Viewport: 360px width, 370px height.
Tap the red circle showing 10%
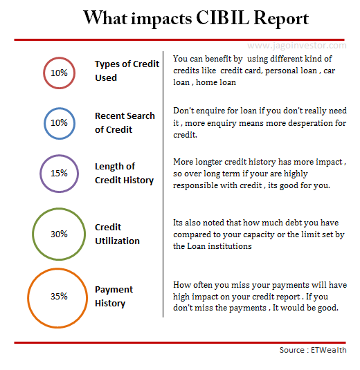pos(59,72)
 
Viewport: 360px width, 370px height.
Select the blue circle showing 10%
pos(59,123)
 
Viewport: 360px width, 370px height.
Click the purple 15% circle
pos(59,173)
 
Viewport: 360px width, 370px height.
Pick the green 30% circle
pos(59,234)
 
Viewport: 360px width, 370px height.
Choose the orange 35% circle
pos(59,296)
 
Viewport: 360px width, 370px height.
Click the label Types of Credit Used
pos(127,71)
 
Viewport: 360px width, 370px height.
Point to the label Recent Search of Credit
pos(125,122)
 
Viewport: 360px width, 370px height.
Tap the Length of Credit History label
pos(124,173)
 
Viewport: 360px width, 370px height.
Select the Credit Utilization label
pos(117,234)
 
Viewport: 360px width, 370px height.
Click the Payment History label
pos(114,296)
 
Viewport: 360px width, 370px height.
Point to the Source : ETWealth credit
pos(312,350)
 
